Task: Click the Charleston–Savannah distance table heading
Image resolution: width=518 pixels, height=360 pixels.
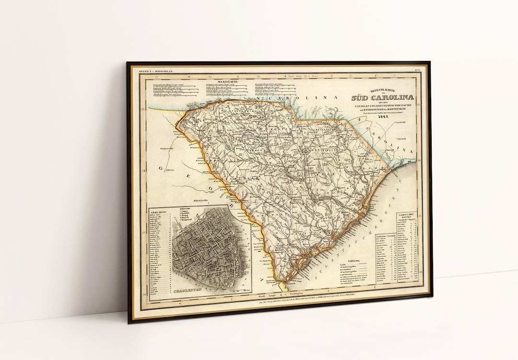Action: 380,234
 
